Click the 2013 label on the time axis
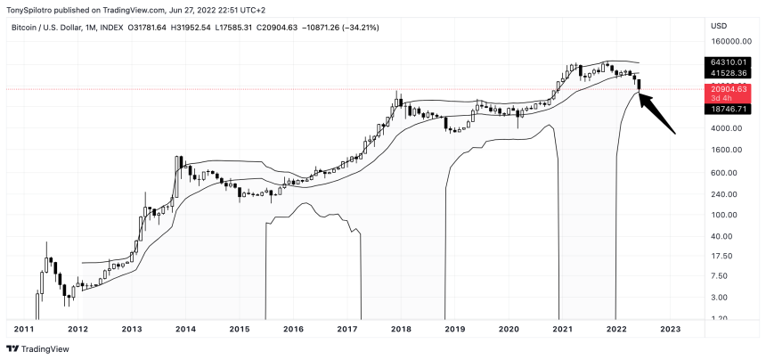click(131, 330)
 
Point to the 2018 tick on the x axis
click(400, 330)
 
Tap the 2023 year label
click(670, 330)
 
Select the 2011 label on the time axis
click(24, 330)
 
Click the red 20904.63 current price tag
click(727, 90)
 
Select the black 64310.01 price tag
click(727, 61)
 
